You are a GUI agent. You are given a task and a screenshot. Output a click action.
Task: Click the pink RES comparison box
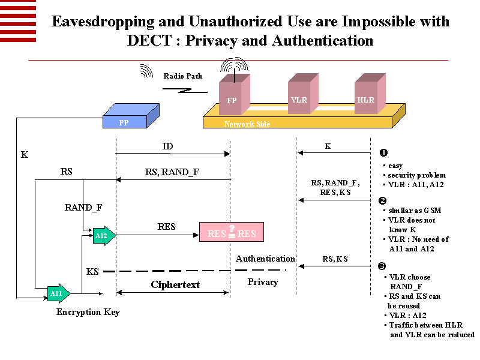coord(231,233)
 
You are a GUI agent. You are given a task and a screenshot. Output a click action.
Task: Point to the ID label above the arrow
coord(169,146)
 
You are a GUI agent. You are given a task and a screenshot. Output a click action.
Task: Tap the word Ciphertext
coord(175,284)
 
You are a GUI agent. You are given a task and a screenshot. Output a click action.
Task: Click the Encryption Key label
coord(88,312)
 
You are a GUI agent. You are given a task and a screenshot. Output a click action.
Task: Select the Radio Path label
coord(183,76)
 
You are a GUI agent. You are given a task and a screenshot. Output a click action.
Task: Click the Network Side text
coord(247,124)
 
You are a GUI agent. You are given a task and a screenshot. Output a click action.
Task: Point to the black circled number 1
coord(383,153)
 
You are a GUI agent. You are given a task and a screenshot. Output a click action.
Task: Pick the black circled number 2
coord(383,200)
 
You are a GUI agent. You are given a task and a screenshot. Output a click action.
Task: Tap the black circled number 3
coord(383,266)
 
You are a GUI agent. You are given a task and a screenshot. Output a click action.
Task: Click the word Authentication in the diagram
coord(265,259)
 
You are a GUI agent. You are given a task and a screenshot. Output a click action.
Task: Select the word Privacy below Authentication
coord(263,281)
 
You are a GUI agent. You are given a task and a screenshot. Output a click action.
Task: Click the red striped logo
coord(18,21)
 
